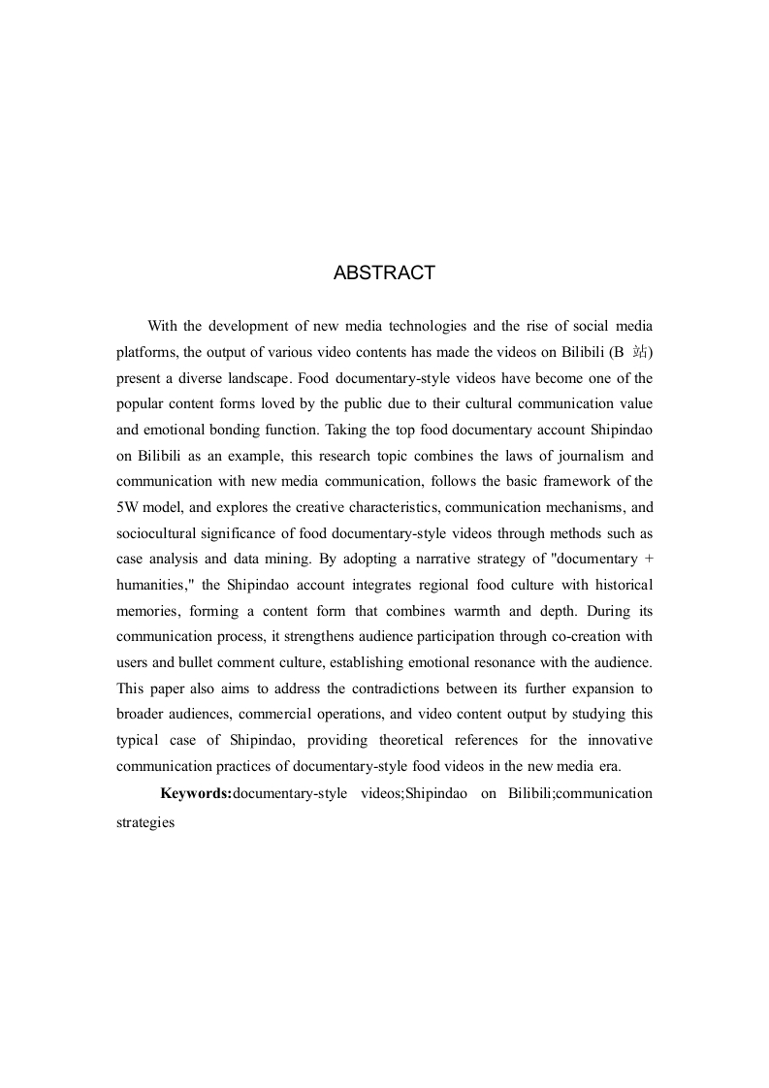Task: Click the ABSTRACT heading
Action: tap(384, 273)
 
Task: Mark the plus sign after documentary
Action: tap(648, 560)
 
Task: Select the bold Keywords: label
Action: tap(196, 793)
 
